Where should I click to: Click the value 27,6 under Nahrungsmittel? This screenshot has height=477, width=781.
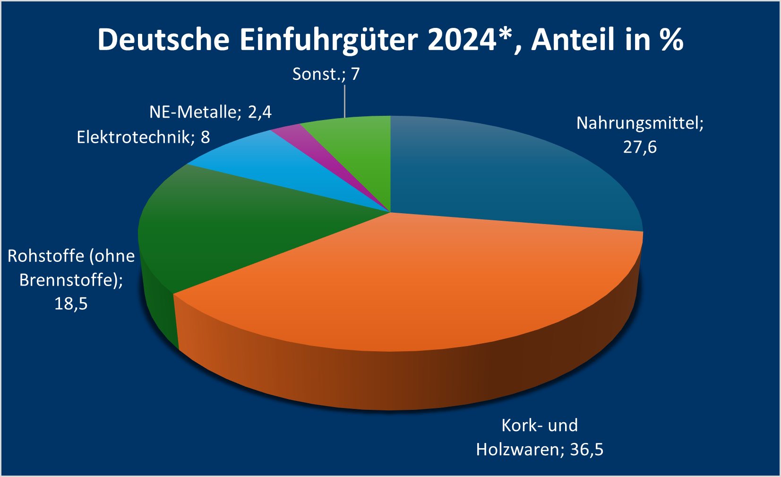(x=640, y=147)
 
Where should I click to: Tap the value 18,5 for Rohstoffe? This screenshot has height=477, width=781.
(x=71, y=304)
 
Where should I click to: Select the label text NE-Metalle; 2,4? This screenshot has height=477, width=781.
(x=210, y=112)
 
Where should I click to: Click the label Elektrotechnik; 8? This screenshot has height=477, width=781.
(x=143, y=137)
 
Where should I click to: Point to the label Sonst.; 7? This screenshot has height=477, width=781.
(x=326, y=74)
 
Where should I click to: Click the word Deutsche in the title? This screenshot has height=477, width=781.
(x=163, y=39)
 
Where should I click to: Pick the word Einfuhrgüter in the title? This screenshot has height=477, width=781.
(x=329, y=39)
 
